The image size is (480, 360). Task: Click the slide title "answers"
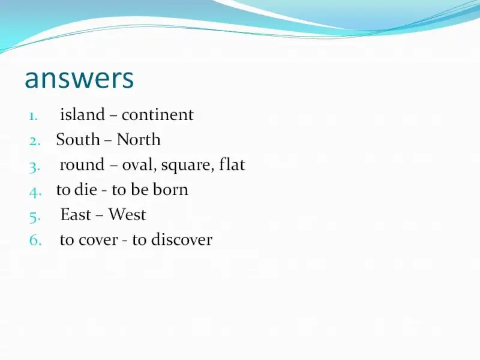click(79, 79)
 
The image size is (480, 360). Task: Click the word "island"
click(82, 115)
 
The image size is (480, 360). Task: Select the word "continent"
click(157, 115)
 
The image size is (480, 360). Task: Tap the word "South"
click(78, 140)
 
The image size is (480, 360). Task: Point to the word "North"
click(139, 140)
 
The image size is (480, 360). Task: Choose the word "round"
click(82, 164)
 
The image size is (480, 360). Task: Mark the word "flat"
click(232, 164)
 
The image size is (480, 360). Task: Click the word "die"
click(86, 190)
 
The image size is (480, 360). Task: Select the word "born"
click(170, 190)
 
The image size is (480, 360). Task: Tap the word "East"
click(76, 214)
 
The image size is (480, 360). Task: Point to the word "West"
click(127, 214)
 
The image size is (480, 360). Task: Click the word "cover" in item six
click(98, 240)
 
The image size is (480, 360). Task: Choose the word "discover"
click(182, 239)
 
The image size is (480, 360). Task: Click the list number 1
click(34, 116)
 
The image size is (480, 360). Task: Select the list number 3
click(34, 167)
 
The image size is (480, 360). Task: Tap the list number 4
click(35, 193)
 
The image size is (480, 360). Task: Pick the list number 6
click(35, 240)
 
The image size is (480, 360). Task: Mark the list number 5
click(35, 217)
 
